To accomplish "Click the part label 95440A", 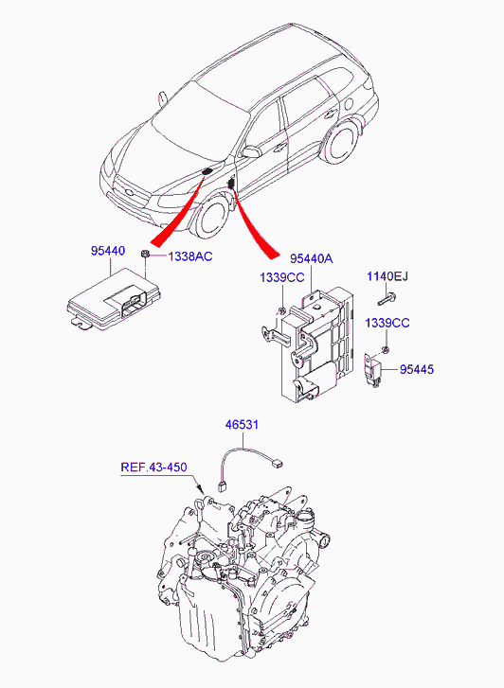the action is point(311,259).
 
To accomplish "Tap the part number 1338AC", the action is point(190,256).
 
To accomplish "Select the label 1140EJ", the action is point(387,276).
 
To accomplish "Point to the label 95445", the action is point(417,369).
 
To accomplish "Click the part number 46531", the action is point(243,425).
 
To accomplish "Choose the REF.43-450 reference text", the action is point(153,467).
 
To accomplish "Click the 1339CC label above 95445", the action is point(387,323).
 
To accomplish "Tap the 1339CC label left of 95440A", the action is point(281,277).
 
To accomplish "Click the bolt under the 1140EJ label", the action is point(387,301).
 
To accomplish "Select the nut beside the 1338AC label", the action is point(144,254).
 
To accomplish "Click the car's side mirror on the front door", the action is point(252,151).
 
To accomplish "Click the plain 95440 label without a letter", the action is point(108,251).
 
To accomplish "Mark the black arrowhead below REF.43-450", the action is point(200,488).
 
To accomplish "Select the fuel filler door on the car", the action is point(349,103).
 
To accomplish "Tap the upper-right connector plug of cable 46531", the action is point(278,462).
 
